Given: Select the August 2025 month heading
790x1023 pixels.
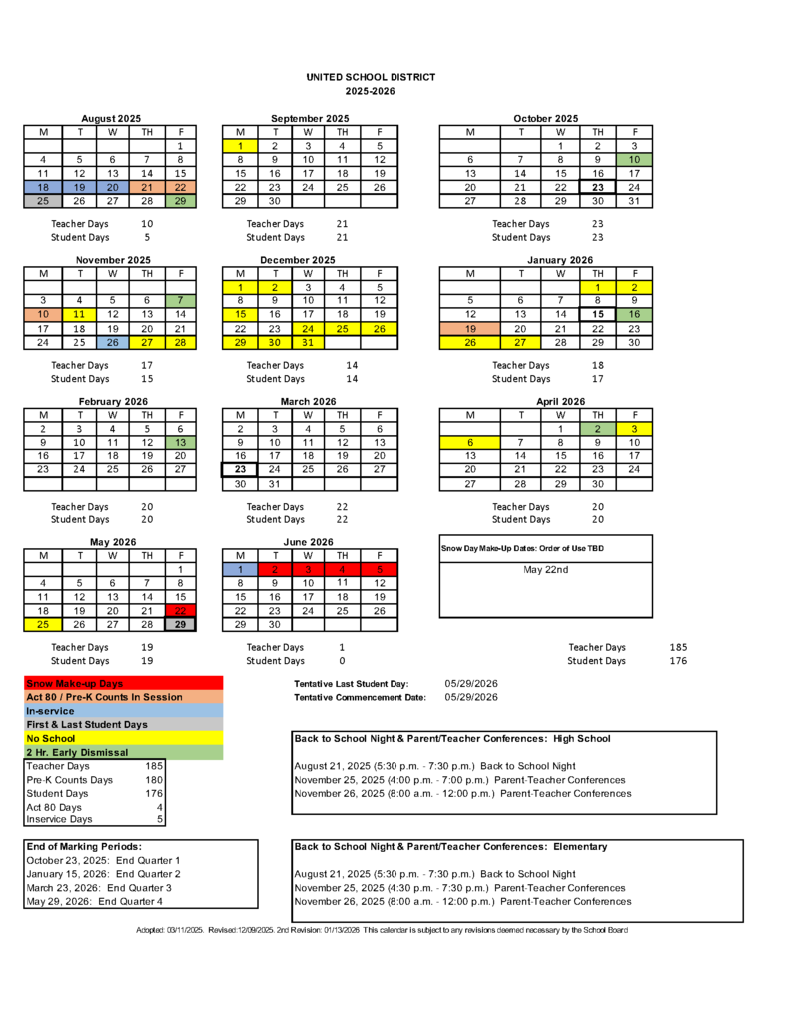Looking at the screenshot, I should (111, 119).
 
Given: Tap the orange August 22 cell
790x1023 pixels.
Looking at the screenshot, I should (180, 187).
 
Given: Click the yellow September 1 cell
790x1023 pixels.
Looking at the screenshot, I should (240, 145).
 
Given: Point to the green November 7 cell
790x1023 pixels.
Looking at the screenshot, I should (180, 300).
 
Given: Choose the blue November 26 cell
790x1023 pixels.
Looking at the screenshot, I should (113, 342).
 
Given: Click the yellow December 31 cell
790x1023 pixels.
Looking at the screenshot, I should (308, 342).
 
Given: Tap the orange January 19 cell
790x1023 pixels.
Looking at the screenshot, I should (470, 328).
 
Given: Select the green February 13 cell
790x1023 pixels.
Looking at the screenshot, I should (180, 442).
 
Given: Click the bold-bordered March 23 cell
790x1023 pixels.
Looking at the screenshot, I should (240, 469).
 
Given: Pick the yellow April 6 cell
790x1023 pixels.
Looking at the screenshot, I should (470, 442).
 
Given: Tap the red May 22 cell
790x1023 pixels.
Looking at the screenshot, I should (180, 611).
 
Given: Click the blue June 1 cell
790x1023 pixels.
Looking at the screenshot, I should (240, 569).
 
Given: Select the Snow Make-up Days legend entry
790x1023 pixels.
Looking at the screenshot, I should (75, 683).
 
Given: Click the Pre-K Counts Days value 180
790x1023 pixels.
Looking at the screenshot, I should (153, 779).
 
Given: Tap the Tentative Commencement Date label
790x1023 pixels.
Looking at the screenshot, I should (360, 697).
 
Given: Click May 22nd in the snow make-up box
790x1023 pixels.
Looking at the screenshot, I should (545, 569).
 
